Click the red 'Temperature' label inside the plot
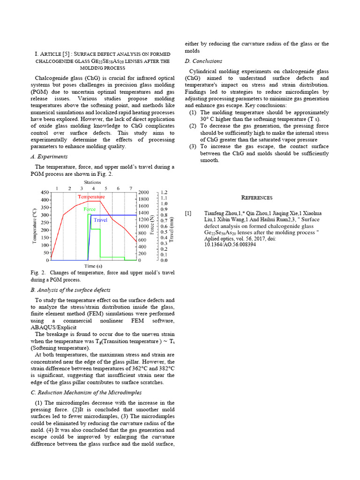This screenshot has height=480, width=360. coord(91,197)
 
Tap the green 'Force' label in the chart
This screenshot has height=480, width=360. coord(90,209)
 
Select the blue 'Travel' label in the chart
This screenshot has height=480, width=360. coord(101,220)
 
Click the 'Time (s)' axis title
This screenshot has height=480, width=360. coord(93,266)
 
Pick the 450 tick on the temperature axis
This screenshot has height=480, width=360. coord(44,192)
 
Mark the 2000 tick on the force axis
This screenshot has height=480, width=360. coord(143,192)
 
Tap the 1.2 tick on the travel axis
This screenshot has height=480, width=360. coord(164,192)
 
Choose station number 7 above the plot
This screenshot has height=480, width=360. coord(131,188)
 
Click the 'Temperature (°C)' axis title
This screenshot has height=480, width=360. coord(34,226)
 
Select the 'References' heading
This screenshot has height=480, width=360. coord(256,198)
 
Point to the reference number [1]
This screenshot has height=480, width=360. coord(188,214)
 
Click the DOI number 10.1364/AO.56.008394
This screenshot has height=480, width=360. coord(230,245)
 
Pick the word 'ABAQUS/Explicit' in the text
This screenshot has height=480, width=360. coord(53,327)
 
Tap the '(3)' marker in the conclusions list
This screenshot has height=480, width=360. coord(193,147)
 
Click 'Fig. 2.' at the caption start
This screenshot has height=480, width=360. coord(37,273)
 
